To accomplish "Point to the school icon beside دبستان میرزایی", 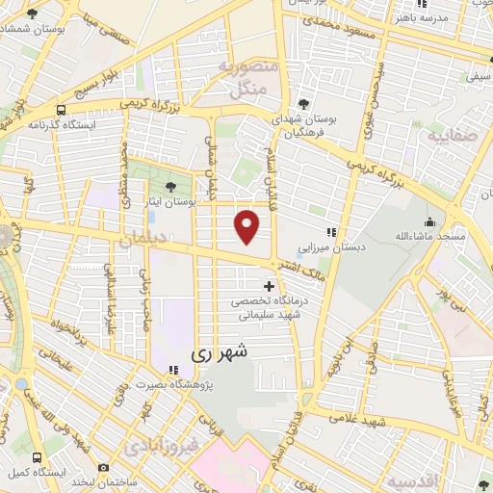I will (332, 232).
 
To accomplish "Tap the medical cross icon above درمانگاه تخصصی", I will (269, 286).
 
